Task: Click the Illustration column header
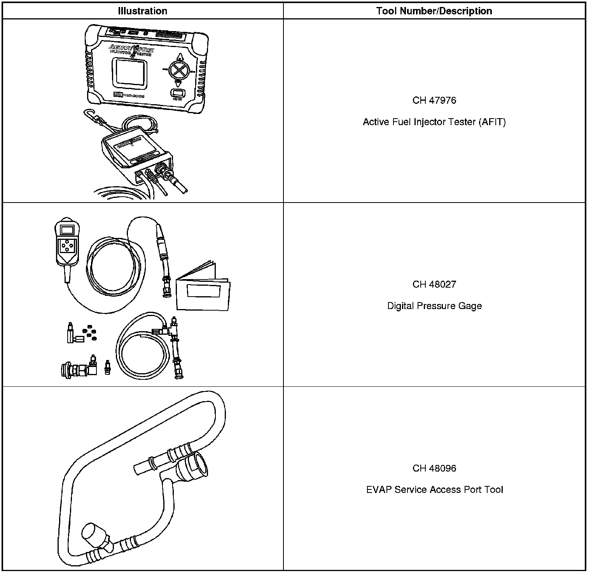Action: pyautogui.click(x=142, y=11)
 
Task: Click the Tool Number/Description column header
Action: pyautogui.click(x=434, y=11)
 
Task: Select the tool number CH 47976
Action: pyautogui.click(x=434, y=100)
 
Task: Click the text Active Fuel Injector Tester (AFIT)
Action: pyautogui.click(x=434, y=122)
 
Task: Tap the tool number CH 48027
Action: pyautogui.click(x=434, y=284)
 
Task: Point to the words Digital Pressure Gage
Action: pyautogui.click(x=434, y=306)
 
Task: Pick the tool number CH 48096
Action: pyautogui.click(x=434, y=468)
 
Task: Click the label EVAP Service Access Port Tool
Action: pyautogui.click(x=434, y=490)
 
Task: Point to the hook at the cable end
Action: pyautogui.click(x=88, y=114)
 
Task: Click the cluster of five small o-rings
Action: pyautogui.click(x=91, y=332)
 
